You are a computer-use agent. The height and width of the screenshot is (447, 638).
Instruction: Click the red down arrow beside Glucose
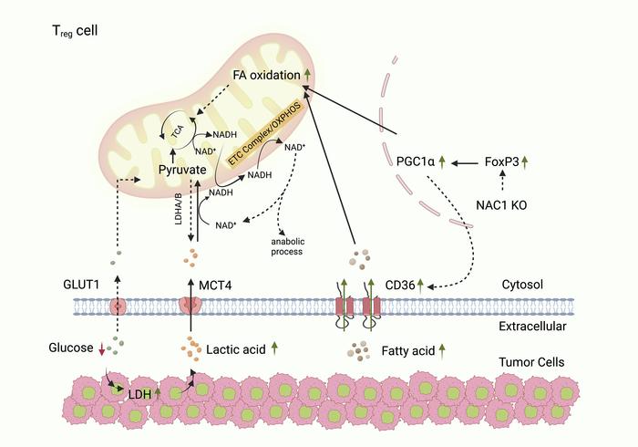click(100, 348)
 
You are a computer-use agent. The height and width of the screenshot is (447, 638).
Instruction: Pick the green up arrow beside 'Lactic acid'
click(273, 348)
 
